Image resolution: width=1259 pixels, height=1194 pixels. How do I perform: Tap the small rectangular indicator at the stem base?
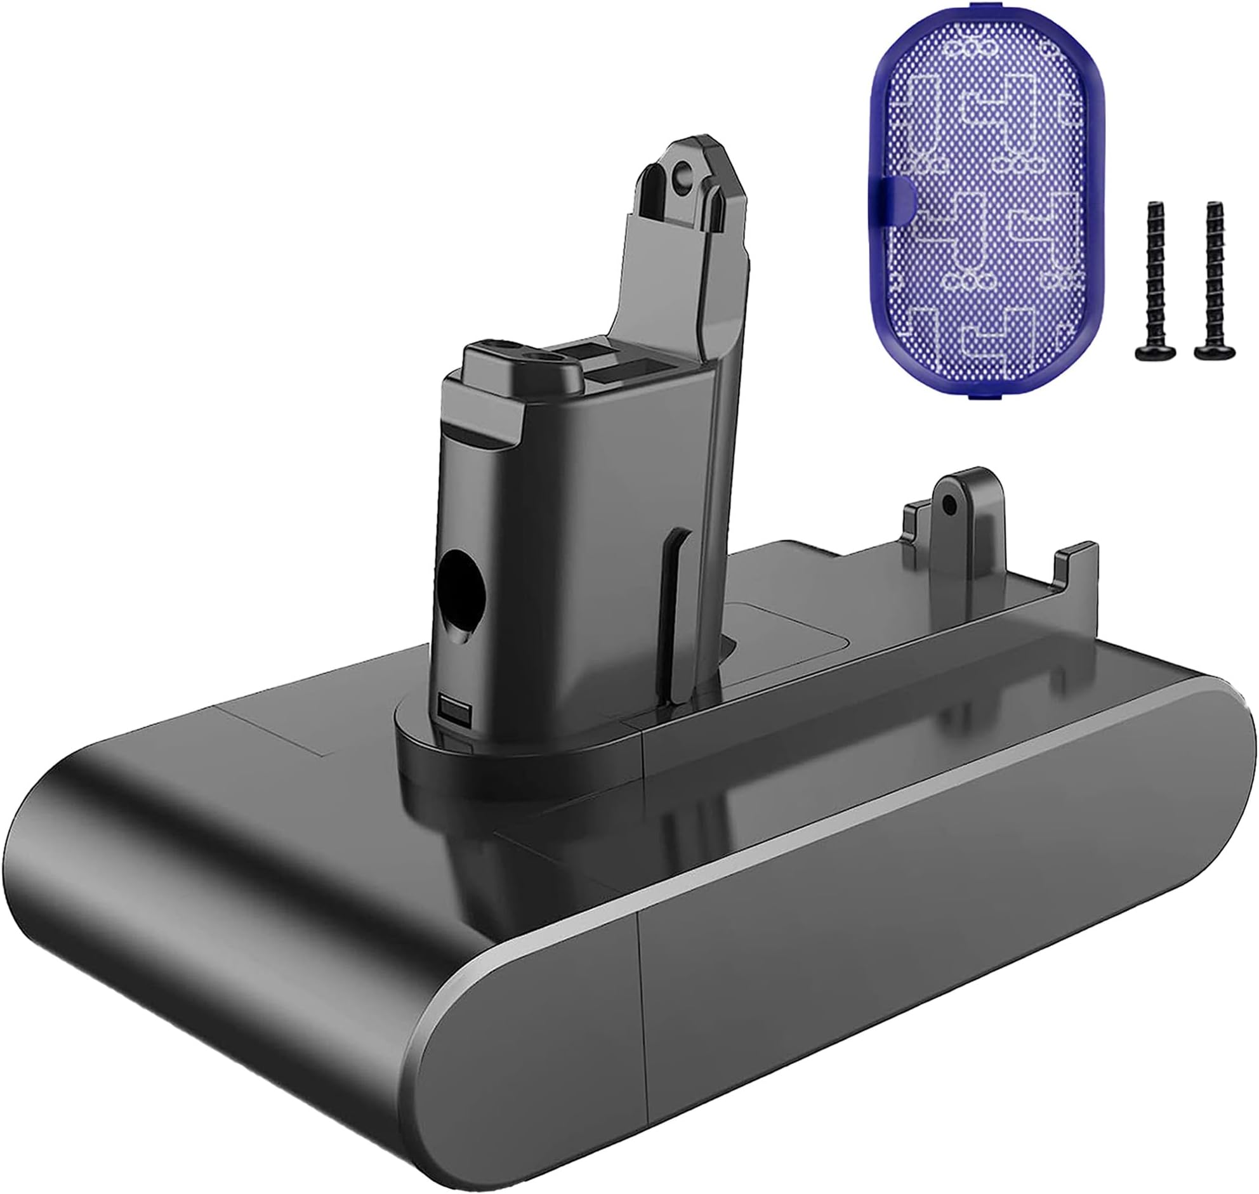point(452,708)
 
